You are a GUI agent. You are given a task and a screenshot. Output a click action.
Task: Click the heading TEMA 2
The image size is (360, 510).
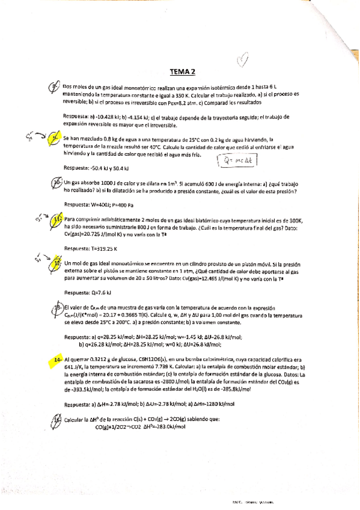coord(183,72)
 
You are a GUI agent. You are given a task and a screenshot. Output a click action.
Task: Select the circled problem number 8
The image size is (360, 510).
coord(55,88)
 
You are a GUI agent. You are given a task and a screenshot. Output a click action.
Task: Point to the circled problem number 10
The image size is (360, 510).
coord(56,183)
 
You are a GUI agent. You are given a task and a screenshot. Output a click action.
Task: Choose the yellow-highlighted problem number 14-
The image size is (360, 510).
coord(57,359)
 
